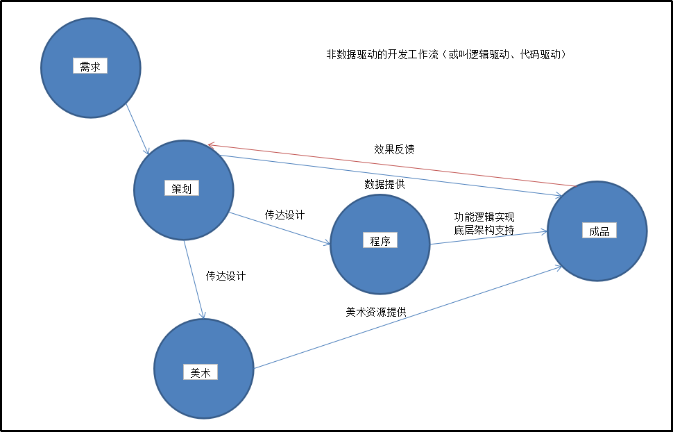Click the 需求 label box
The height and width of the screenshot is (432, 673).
[x=90, y=67]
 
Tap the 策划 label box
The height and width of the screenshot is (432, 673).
[x=181, y=188]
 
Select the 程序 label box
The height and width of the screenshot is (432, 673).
[x=380, y=241]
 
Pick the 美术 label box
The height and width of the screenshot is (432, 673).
[x=201, y=372]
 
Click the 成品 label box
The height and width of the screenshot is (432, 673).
[x=599, y=231]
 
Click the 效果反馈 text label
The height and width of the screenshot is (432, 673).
[x=394, y=149]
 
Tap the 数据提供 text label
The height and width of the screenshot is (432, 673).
[x=385, y=185]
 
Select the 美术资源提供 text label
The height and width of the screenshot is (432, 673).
[x=376, y=312]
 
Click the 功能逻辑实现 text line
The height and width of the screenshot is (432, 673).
[x=484, y=217]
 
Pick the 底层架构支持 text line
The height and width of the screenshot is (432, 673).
[x=484, y=230]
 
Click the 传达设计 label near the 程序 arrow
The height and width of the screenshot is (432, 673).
[x=284, y=215]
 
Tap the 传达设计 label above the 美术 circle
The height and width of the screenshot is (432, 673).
[x=225, y=276]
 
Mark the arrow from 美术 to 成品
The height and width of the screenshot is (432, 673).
[x=409, y=317]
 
